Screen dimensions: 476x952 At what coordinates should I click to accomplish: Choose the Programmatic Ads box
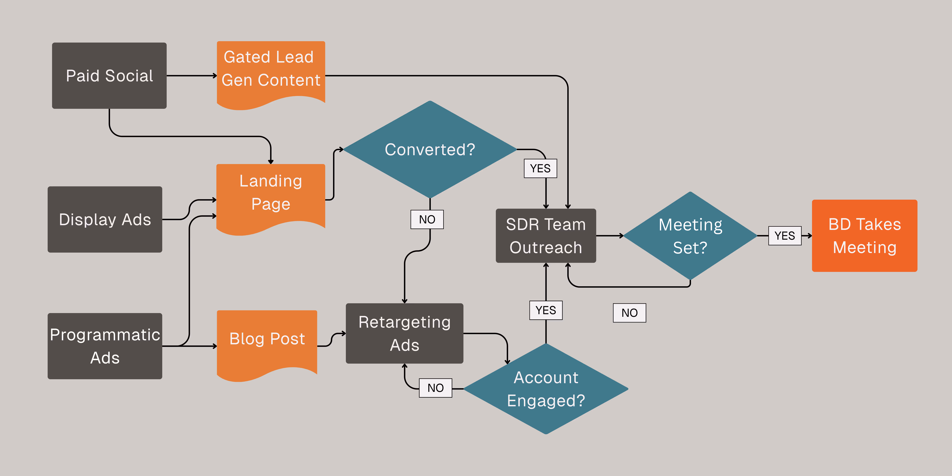105,346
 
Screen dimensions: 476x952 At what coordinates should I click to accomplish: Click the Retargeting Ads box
404,333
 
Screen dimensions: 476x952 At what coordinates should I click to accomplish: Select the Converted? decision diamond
430,149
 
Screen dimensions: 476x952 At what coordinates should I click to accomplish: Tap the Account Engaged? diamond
546,389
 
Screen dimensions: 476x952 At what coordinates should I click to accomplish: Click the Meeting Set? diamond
690,236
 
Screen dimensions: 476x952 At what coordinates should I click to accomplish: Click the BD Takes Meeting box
864,236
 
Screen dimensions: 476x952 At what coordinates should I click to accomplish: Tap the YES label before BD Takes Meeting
785,236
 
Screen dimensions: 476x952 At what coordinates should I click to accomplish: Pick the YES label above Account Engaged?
546,310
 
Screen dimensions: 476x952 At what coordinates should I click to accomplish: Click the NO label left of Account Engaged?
435,388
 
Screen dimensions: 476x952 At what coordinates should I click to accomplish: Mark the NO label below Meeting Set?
629,313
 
